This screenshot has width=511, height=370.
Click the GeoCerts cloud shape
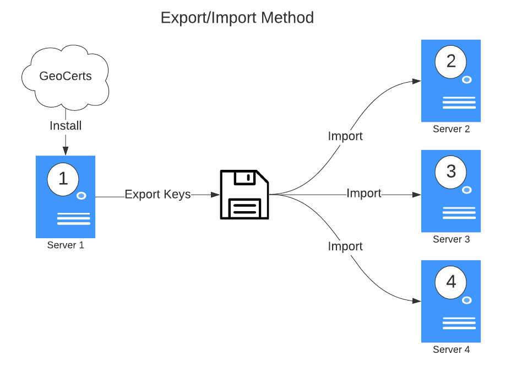tap(66, 77)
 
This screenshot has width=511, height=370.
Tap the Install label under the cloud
tap(66, 126)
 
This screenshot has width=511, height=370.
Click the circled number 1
tap(63, 179)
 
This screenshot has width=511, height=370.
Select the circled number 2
tap(451, 62)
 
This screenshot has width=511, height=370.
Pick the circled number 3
tap(451, 171)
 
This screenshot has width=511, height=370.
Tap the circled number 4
tap(451, 282)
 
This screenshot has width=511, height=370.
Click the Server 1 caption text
tap(66, 245)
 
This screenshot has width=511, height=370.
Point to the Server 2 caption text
tap(451, 129)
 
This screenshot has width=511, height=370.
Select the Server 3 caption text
tap(451, 239)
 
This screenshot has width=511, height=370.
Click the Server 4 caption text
tap(451, 350)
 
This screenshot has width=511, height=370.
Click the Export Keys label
tap(157, 194)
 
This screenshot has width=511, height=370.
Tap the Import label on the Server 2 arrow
tap(345, 136)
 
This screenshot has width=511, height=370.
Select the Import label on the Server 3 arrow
tap(364, 194)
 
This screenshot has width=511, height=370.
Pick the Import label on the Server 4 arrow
tap(345, 246)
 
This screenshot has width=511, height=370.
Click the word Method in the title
tap(287, 18)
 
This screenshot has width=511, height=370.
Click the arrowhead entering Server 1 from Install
tap(66, 151)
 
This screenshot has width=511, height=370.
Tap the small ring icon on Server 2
tap(466, 80)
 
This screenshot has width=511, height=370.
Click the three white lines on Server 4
tap(459, 324)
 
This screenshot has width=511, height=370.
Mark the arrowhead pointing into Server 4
tap(417, 301)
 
